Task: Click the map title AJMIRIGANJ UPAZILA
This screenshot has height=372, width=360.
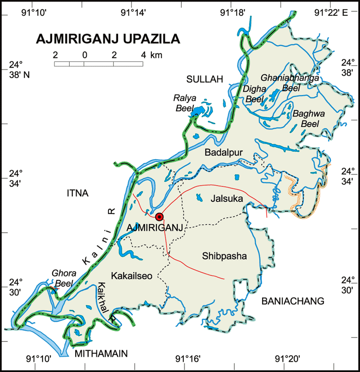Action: [108, 39]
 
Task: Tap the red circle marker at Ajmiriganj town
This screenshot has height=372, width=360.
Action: [160, 216]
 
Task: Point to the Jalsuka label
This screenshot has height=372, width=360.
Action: [225, 199]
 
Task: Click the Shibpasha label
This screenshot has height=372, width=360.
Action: [225, 256]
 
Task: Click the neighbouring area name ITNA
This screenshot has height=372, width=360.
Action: [77, 193]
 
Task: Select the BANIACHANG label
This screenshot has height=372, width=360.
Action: [293, 301]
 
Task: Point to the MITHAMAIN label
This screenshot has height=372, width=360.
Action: [101, 354]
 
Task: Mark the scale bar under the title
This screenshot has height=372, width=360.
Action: [98, 63]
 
